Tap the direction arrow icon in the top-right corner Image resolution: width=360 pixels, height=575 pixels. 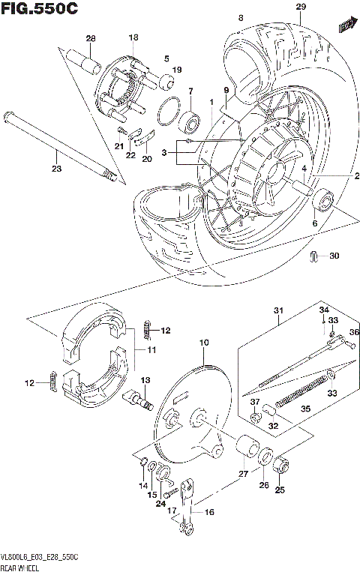(346, 26)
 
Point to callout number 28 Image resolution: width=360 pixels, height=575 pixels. (91, 39)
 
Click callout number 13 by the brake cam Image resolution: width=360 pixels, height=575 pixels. (145, 381)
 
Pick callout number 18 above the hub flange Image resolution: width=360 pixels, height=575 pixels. (133, 37)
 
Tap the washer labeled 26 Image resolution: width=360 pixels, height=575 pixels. (266, 459)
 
